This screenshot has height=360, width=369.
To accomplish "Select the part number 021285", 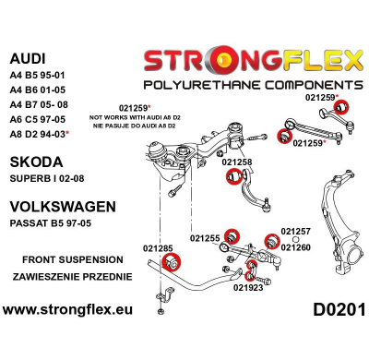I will [160, 247].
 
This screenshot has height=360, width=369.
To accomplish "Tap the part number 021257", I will [295, 232].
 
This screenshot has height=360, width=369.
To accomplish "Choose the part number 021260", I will [295, 246].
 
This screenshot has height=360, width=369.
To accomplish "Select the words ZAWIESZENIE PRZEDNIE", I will [72, 276].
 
